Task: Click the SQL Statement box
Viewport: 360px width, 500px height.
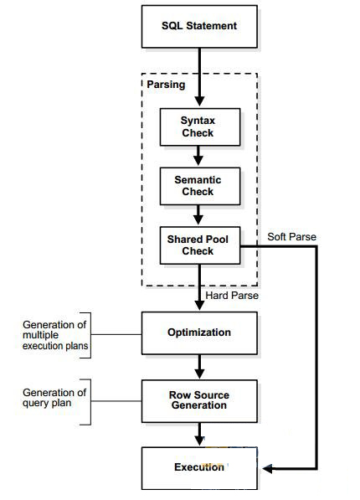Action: click(199, 27)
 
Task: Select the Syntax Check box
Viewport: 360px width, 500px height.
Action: click(200, 127)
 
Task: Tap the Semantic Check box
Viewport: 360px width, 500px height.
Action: click(200, 186)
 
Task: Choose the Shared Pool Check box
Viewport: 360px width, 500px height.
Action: click(200, 245)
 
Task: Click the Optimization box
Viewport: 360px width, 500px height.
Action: click(199, 333)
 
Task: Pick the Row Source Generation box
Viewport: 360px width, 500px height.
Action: click(199, 401)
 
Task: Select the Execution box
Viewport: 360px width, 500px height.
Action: click(199, 468)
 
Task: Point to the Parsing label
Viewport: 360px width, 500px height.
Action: click(166, 85)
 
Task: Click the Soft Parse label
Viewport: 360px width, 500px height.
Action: click(291, 237)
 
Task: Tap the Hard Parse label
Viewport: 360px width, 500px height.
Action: click(232, 296)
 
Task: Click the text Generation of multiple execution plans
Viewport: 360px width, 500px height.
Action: click(55, 335)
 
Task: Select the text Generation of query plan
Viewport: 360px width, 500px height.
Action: click(54, 397)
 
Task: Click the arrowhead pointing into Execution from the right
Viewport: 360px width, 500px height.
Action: click(267, 469)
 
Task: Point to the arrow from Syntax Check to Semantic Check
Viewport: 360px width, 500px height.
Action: click(198, 156)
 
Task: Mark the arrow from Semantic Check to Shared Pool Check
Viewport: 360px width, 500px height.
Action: click(198, 214)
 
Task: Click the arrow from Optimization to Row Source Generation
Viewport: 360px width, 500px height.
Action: click(199, 366)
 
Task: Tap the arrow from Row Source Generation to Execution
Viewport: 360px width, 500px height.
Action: click(199, 434)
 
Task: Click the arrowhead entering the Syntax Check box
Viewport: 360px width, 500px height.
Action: click(199, 101)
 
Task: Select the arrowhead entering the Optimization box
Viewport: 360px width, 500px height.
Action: click(199, 305)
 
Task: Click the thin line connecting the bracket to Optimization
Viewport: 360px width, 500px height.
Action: click(116, 334)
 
